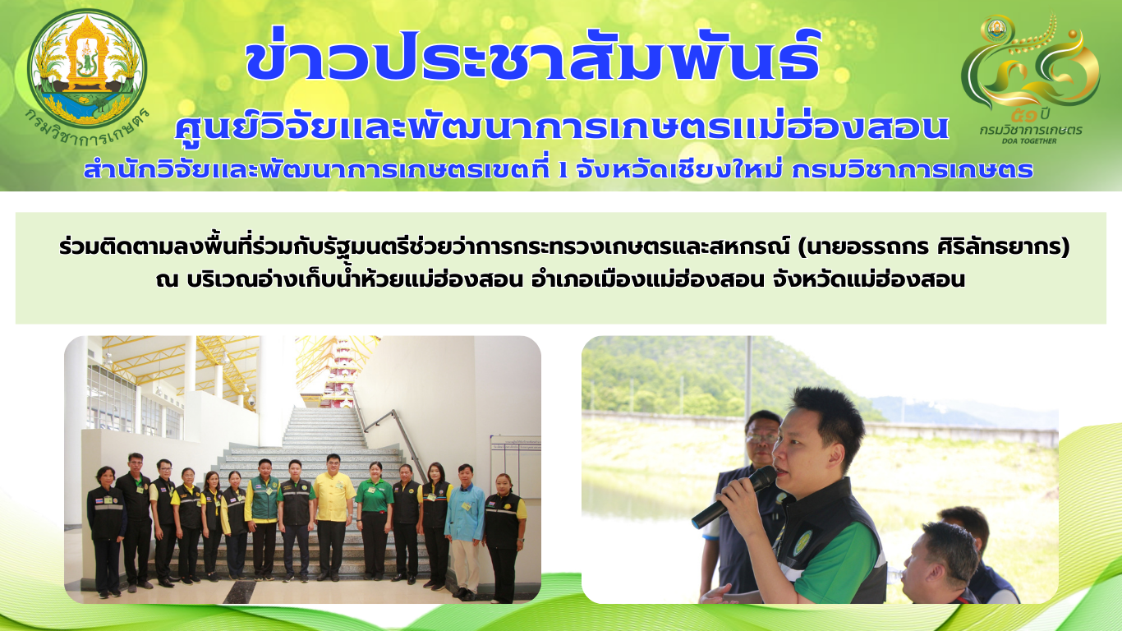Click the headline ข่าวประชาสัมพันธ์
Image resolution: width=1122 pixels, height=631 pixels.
click(x=532, y=55)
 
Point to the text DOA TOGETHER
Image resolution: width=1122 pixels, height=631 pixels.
click(x=1030, y=140)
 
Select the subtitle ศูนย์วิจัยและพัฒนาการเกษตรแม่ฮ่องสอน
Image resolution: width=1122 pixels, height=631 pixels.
click(x=562, y=127)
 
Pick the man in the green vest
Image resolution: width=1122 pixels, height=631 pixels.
click(x=263, y=518)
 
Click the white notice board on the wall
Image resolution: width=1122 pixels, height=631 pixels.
click(x=516, y=466)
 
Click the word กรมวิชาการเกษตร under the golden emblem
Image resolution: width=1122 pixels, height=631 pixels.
click(x=1031, y=131)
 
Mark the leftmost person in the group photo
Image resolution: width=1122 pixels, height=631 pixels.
click(x=106, y=532)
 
